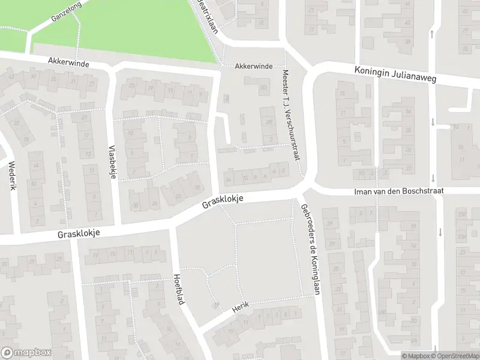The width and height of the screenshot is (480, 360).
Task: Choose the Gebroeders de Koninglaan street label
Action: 310,247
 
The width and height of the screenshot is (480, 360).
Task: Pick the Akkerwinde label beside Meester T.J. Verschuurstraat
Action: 254,66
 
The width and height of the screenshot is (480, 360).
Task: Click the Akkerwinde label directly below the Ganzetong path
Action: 69,61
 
